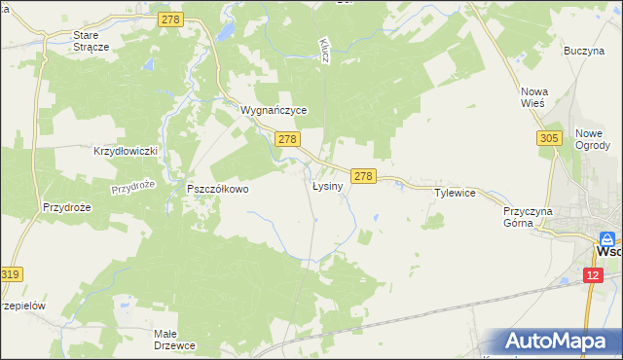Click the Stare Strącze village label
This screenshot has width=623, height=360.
click(93, 40)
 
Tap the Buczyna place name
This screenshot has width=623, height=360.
click(584, 50)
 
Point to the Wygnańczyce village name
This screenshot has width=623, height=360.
click(274, 111)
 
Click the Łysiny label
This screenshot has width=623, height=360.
click(327, 185)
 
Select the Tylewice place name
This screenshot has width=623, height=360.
click(454, 193)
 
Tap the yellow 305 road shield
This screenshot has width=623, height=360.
click(548, 140)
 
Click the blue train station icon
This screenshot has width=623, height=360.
click(607, 237)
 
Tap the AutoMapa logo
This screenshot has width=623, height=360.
click(559, 342)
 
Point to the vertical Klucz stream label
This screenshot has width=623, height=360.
click(324, 52)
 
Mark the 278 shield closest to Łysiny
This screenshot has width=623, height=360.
click(363, 176)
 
